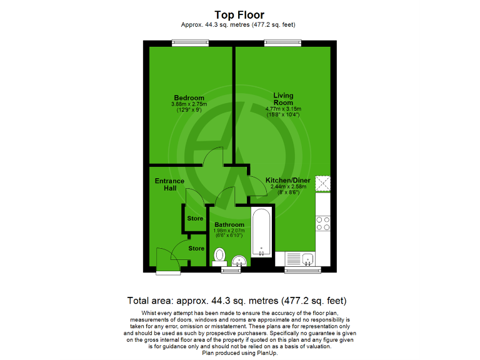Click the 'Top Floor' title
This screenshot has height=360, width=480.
pos(239,14)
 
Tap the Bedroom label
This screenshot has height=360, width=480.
pos(189,98)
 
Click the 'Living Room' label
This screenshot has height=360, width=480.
pos(282,99)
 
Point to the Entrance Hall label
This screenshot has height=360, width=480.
pos(169,185)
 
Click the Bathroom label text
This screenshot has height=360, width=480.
pos(229,224)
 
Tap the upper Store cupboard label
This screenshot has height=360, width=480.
pos(195,219)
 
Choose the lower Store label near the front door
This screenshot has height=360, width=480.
pos(196,248)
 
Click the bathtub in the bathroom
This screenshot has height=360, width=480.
pos(261,234)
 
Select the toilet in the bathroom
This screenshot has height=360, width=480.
pos(219,256)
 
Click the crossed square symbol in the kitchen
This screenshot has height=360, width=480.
pos(323,183)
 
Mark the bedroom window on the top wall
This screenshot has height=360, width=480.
pos(191,42)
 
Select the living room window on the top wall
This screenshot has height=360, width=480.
pos(282,42)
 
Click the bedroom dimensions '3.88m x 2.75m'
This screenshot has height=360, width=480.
pos(189,104)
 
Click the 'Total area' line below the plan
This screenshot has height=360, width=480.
pos(236,301)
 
